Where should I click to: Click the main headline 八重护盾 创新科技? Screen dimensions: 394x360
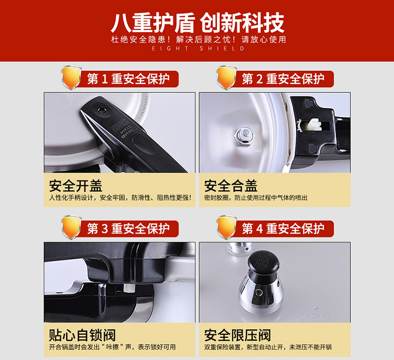pyautogui.click(x=198, y=23)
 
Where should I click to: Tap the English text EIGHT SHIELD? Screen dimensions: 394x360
pyautogui.click(x=198, y=48)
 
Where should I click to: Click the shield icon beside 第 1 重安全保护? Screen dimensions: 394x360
pyautogui.click(x=71, y=78)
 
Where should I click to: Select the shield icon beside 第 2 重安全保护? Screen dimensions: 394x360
pyautogui.click(x=226, y=78)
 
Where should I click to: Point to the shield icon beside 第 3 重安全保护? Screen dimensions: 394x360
pyautogui.click(x=71, y=227)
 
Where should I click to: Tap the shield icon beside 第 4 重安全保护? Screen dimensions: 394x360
pyautogui.click(x=226, y=227)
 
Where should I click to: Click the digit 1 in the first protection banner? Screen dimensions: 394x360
pyautogui.click(x=105, y=79)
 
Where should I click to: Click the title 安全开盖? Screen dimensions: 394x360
pyautogui.click(x=76, y=186)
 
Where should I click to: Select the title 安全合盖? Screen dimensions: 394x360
pyautogui.click(x=231, y=186)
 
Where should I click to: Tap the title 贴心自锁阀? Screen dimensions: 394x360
pyautogui.click(x=82, y=335)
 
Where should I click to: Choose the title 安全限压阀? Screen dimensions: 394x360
pyautogui.click(x=237, y=335)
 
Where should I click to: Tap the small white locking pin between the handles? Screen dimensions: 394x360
pyautogui.click(x=129, y=288)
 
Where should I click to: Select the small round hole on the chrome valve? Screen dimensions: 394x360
pyautogui.click(x=258, y=292)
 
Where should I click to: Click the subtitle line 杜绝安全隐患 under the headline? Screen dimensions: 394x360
pyautogui.click(x=199, y=39)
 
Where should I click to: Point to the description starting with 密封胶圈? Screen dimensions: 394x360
pyautogui.click(x=255, y=198)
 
